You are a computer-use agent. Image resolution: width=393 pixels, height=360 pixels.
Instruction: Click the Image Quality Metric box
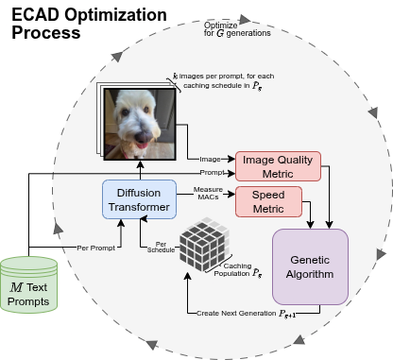pos(278,164)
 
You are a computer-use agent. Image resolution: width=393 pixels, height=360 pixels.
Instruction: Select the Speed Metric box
pos(267,200)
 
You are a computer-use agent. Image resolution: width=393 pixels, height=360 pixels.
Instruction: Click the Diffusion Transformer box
pos(136,200)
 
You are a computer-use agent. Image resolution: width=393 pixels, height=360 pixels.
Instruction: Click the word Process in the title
pos(45,32)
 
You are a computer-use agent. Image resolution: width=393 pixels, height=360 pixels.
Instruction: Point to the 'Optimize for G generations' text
pos(237,27)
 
